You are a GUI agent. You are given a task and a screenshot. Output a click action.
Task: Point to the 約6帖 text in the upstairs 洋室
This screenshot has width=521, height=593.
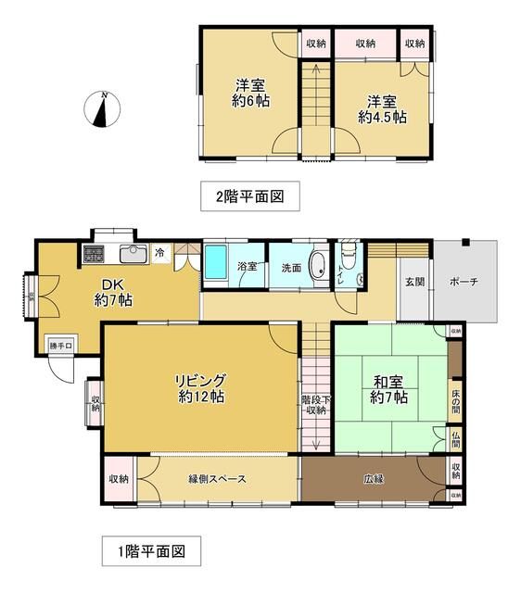pyautogui.click(x=250, y=101)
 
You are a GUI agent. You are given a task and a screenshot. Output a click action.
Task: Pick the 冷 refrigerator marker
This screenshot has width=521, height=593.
pyautogui.click(x=160, y=252)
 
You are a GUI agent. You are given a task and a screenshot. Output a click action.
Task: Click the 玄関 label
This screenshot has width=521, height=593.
pyautogui.click(x=413, y=282)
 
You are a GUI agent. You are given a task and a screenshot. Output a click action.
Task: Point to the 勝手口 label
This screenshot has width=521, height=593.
pyautogui.click(x=61, y=347)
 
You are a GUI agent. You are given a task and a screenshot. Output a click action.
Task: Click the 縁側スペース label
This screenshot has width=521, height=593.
pyautogui.click(x=217, y=478)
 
